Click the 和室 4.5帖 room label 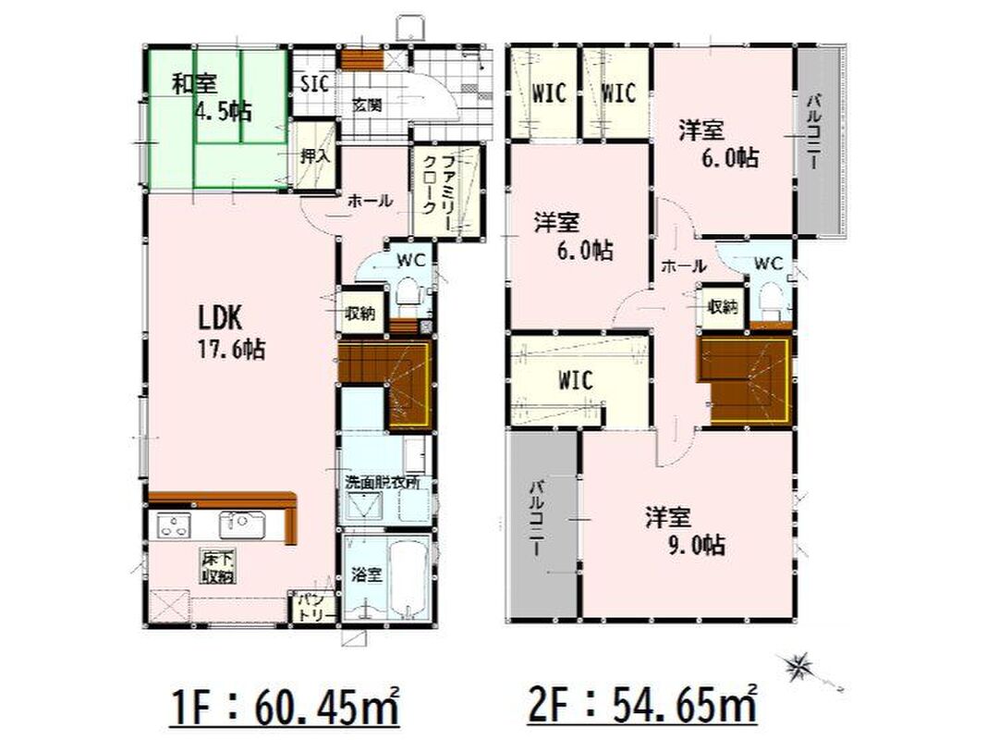[212, 97]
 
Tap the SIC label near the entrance [314, 83]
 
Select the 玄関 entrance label [367, 105]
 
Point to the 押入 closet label [314, 155]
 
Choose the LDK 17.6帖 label [231, 332]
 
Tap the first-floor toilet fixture [409, 297]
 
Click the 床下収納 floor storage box [218, 566]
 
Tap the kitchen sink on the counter [242, 524]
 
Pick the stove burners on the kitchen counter [174, 525]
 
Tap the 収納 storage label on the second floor [722, 308]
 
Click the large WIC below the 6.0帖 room [576, 380]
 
